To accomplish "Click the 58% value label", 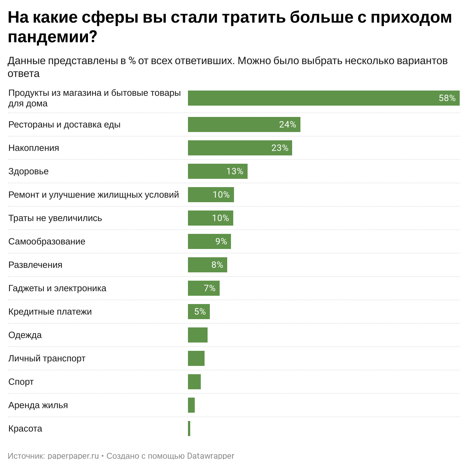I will point(447,98).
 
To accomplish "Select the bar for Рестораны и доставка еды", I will point(244,124).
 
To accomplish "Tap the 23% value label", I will point(280,148).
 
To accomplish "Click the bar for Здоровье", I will point(217,171).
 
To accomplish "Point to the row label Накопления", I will point(34,148).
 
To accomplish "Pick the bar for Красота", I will point(189,429).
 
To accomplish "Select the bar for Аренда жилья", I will point(191,405).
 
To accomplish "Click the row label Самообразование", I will point(47,241).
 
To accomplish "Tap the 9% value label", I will point(221,241).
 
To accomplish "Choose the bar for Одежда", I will point(198,335).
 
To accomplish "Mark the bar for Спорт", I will point(194,382).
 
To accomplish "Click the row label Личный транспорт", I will point(47,358).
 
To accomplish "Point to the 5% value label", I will point(200,312).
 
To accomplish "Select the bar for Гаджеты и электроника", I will point(203,288).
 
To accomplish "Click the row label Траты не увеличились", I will point(55,218).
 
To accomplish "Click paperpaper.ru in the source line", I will point(73,456).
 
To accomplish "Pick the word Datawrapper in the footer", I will point(211,456).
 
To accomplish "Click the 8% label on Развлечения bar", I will point(217,265).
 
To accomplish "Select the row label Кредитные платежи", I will point(50,312).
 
